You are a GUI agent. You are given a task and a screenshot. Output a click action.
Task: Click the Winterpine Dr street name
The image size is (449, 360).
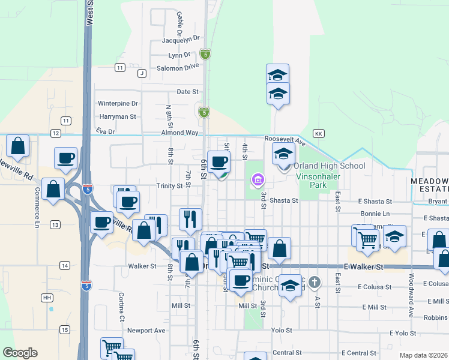[118, 104]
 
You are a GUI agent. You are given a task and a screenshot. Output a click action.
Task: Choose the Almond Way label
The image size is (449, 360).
[179, 132]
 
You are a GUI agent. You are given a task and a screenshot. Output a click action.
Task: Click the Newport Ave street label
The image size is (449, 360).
[146, 330]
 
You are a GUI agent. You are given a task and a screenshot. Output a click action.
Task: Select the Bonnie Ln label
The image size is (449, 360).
[375, 214]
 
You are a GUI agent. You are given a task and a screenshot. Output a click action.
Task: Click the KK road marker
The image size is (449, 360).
[319, 133]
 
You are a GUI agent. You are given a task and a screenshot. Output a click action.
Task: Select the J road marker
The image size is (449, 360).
[142, 73]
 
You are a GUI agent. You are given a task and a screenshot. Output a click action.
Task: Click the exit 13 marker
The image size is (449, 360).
[55, 224]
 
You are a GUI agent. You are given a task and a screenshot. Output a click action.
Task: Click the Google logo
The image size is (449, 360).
[20, 353]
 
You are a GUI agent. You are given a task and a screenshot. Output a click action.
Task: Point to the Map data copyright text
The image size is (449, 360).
[423, 355]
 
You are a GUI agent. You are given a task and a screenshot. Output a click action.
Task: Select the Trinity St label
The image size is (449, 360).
[169, 186]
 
